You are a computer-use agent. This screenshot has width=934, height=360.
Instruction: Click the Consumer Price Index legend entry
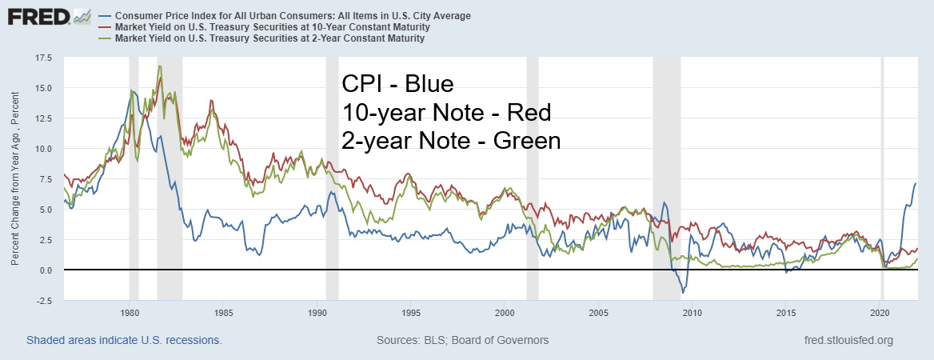tap(293, 15)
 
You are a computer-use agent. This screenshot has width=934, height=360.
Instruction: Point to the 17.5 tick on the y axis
tap(42, 58)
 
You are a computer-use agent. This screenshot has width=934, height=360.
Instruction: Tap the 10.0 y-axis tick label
tap(42, 149)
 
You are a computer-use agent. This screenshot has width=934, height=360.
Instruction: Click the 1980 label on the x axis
tap(130, 313)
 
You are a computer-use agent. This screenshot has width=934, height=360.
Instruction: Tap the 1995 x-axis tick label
tap(411, 313)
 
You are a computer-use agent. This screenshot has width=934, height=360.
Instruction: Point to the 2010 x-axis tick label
tap(693, 313)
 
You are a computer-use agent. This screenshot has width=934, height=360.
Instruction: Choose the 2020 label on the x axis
tap(880, 313)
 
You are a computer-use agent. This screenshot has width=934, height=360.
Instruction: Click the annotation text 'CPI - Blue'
tap(397, 84)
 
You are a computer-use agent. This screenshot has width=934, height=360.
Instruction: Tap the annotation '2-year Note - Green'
tap(451, 141)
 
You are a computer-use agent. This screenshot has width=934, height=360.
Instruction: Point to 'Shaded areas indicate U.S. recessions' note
tap(124, 340)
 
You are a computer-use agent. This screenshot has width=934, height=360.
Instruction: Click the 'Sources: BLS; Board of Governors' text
tap(462, 340)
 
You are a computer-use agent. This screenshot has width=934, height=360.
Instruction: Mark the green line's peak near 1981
tap(160, 66)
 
